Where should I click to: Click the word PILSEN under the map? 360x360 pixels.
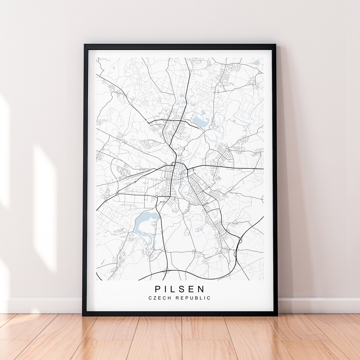[x=180, y=289]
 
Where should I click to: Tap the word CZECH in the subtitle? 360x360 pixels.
[x=160, y=298]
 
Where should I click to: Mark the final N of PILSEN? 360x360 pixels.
[x=202, y=289]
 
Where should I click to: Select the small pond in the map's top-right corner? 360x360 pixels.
[x=255, y=63]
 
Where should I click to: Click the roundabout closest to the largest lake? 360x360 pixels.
[x=156, y=197]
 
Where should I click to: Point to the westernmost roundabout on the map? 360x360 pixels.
[x=117, y=193]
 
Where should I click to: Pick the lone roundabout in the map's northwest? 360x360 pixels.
[x=149, y=123]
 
